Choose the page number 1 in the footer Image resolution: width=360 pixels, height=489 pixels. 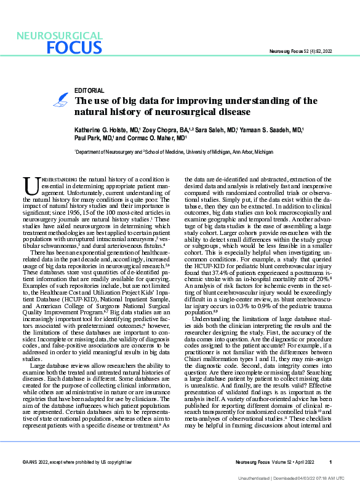pyautogui.click(x=330, y=462)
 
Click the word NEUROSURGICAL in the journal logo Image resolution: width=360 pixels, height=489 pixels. pyautogui.click(x=60, y=36)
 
